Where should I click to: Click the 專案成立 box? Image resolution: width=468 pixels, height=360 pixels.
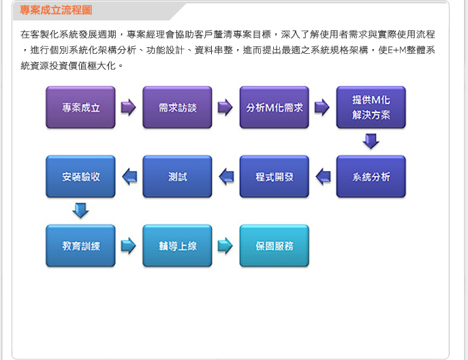pos(80,108)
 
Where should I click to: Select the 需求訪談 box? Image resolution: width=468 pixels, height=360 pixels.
pos(177,108)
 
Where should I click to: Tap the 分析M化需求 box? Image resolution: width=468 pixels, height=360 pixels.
pos(275,108)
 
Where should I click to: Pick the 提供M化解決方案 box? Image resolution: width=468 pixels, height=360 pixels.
pos(371,108)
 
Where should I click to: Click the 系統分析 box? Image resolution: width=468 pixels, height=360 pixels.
pos(371,177)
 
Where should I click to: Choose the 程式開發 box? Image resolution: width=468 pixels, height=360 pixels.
pos(275,177)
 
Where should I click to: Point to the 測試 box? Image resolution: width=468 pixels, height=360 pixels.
pos(177,177)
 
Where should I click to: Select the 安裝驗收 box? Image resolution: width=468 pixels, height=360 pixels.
pos(80,177)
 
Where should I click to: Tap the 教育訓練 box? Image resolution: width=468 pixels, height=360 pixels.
pos(80,246)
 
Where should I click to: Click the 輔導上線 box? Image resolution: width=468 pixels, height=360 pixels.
pos(177,246)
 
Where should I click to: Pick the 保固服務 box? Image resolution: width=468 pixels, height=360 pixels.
pos(275,246)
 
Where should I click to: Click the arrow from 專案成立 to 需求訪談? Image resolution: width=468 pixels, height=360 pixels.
pos(129,107)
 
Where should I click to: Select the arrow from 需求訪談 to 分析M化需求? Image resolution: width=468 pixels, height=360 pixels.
pos(225,107)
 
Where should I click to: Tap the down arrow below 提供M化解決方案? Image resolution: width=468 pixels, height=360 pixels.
pos(371,141)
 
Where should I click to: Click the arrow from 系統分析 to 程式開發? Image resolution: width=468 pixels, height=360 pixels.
pos(324,177)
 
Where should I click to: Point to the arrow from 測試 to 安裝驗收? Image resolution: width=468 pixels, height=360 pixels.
pos(129,177)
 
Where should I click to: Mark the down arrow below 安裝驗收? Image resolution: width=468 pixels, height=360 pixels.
pos(80,211)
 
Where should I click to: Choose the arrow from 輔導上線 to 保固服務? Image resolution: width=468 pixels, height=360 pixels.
pos(225,245)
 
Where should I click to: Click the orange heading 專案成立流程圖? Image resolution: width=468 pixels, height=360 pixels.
pos(56,10)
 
